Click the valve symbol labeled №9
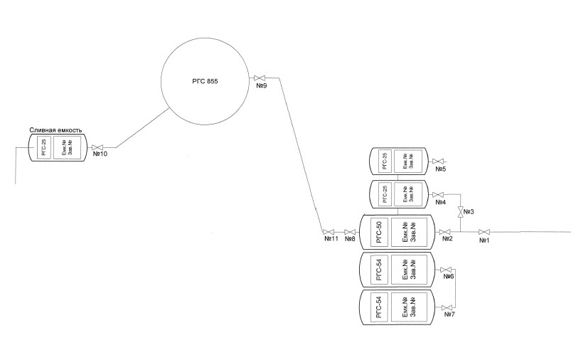[260, 77]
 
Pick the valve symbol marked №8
[350, 232]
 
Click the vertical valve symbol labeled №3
[460, 212]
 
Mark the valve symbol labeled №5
[439, 162]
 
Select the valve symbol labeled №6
[447, 270]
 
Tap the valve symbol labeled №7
[447, 307]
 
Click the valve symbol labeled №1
[484, 232]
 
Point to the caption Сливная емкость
[57, 131]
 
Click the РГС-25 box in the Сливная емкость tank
[44, 148]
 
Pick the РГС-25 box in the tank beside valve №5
[384, 162]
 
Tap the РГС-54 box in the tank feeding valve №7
[378, 307]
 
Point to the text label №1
[486, 240]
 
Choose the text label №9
[261, 85]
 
